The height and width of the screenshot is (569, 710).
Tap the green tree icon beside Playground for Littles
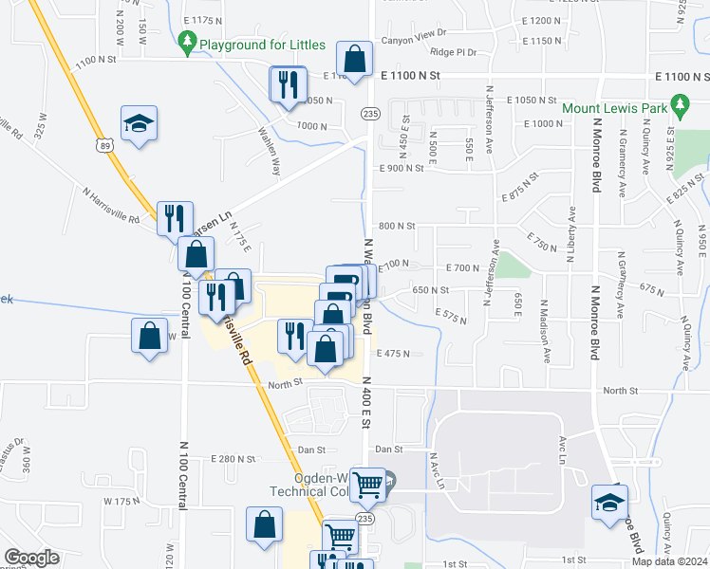pyautogui.click(x=187, y=44)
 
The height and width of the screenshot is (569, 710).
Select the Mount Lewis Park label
pyautogui.click(x=614, y=108)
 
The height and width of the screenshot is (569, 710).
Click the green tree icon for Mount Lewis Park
pyautogui.click(x=680, y=105)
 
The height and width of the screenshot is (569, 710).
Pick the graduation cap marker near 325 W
pyautogui.click(x=139, y=123)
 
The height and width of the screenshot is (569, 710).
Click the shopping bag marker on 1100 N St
pyautogui.click(x=354, y=60)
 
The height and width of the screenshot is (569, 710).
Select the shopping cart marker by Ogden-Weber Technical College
pyautogui.click(x=367, y=485)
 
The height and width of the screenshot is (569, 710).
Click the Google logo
pyautogui.click(x=31, y=558)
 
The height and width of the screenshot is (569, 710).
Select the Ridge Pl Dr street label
pyautogui.click(x=453, y=53)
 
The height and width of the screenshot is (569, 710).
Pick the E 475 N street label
pyautogui.click(x=392, y=354)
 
